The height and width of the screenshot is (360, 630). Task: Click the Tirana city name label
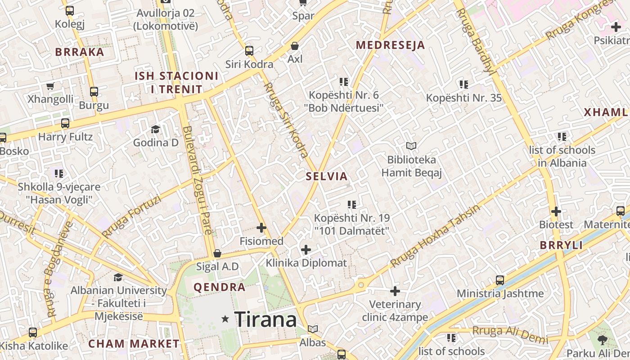pos(265,319)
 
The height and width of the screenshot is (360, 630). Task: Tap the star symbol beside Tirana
pos(225,319)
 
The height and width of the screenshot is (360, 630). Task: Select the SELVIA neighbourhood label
pos(327,176)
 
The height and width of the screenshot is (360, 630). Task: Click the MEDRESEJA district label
pos(390,45)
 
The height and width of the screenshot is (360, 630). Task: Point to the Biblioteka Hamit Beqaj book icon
pos(411,146)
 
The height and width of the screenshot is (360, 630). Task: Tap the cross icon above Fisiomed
pos(261,228)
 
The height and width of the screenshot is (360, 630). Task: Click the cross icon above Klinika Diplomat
pos(306,249)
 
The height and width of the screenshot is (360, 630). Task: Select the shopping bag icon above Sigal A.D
pos(217,253)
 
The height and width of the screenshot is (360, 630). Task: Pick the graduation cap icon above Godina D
pos(155,129)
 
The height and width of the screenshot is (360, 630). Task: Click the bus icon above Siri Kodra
pos(249,51)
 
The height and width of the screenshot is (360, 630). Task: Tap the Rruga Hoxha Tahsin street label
pos(435,236)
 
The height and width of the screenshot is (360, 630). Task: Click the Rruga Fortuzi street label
pos(131,216)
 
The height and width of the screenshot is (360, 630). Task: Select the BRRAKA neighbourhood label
pos(80,52)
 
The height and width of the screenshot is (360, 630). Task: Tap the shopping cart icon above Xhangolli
pos(50,86)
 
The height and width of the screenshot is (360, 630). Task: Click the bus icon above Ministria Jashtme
pos(499,280)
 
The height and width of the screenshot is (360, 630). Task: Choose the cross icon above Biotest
pos(556,211)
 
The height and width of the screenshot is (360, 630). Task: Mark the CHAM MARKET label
pos(134,344)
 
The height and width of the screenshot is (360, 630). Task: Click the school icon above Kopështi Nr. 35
pos(463,84)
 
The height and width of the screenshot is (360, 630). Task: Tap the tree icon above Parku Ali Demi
pos(603,340)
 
